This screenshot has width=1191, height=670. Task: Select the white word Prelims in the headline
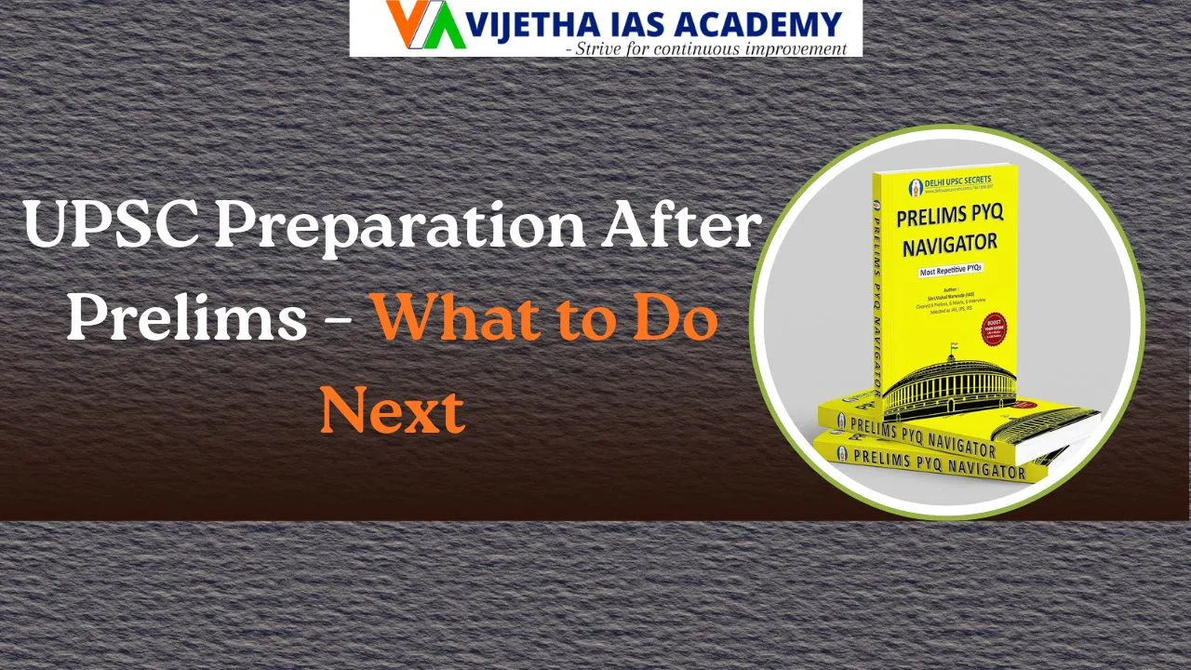point(186,317)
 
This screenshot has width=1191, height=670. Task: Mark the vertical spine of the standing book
point(876,288)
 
